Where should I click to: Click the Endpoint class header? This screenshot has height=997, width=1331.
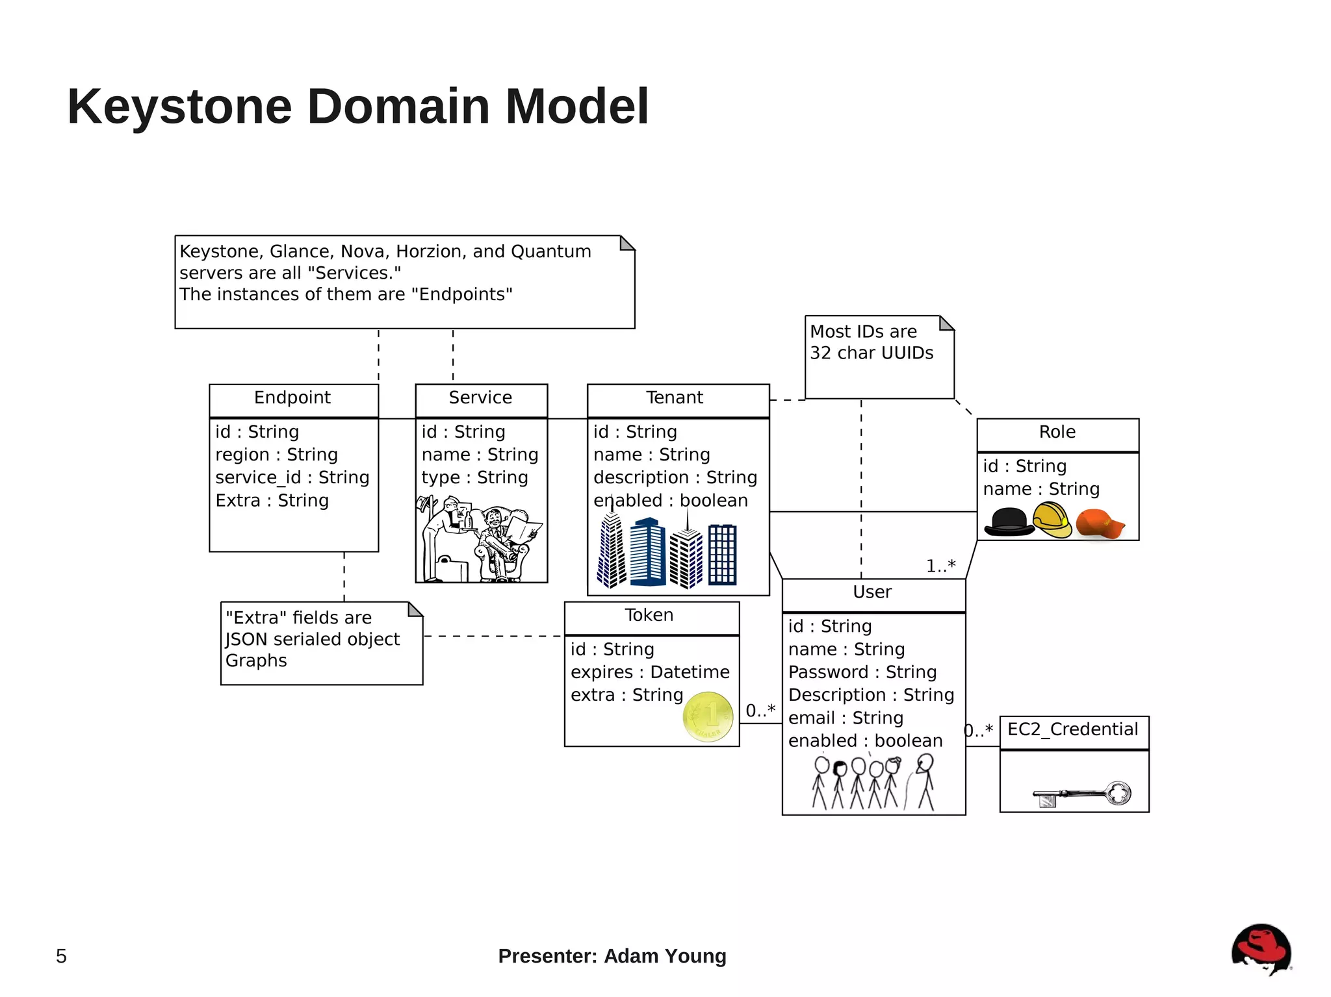[292, 398]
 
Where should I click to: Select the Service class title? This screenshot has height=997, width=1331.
[480, 398]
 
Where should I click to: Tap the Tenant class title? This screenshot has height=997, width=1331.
[675, 398]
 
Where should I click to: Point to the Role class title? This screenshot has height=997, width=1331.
[1057, 433]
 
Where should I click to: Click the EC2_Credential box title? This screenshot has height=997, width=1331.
[1072, 730]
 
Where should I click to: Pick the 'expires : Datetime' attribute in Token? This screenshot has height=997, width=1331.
[650, 672]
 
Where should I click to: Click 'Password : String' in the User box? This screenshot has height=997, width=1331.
[862, 672]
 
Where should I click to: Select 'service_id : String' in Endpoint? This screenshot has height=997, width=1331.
[292, 478]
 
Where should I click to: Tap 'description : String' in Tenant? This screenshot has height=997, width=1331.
[675, 478]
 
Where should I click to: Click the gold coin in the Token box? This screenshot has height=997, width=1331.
[708, 717]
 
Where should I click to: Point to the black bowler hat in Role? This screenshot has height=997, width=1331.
[1009, 522]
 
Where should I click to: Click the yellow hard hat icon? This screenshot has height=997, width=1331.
[1052, 520]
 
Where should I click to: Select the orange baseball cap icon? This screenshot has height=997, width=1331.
[1099, 524]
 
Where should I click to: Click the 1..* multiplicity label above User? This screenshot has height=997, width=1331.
[940, 566]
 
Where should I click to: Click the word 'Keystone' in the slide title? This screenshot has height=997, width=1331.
[179, 107]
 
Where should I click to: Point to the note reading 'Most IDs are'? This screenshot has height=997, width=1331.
[863, 332]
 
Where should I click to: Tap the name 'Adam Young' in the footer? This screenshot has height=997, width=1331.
[665, 957]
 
